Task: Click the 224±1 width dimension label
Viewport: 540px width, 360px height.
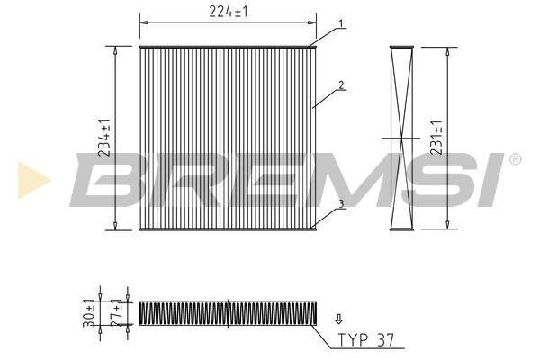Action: coord(228,11)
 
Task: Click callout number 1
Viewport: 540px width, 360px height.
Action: coord(342,24)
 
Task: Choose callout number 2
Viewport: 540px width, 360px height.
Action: coord(342,86)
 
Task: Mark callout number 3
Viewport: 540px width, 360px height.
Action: coord(342,205)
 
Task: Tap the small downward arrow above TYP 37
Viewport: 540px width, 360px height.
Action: coord(338,319)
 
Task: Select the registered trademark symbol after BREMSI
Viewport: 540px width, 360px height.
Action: coord(515,159)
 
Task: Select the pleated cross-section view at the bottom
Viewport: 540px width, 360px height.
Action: coord(229,312)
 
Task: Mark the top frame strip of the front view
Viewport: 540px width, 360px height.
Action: coord(229,46)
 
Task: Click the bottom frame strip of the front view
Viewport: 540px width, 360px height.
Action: coord(229,229)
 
